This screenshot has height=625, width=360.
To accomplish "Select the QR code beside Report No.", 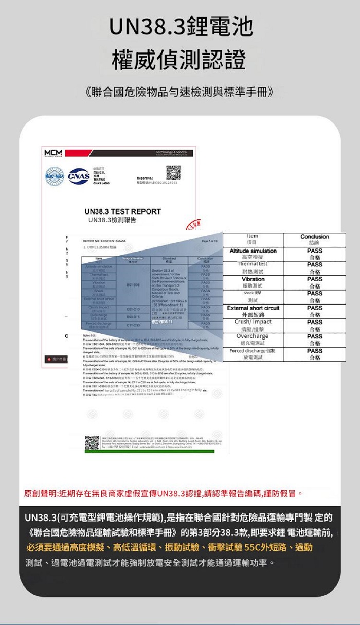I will point(173,171).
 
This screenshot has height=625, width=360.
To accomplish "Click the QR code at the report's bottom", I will point(92,443).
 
